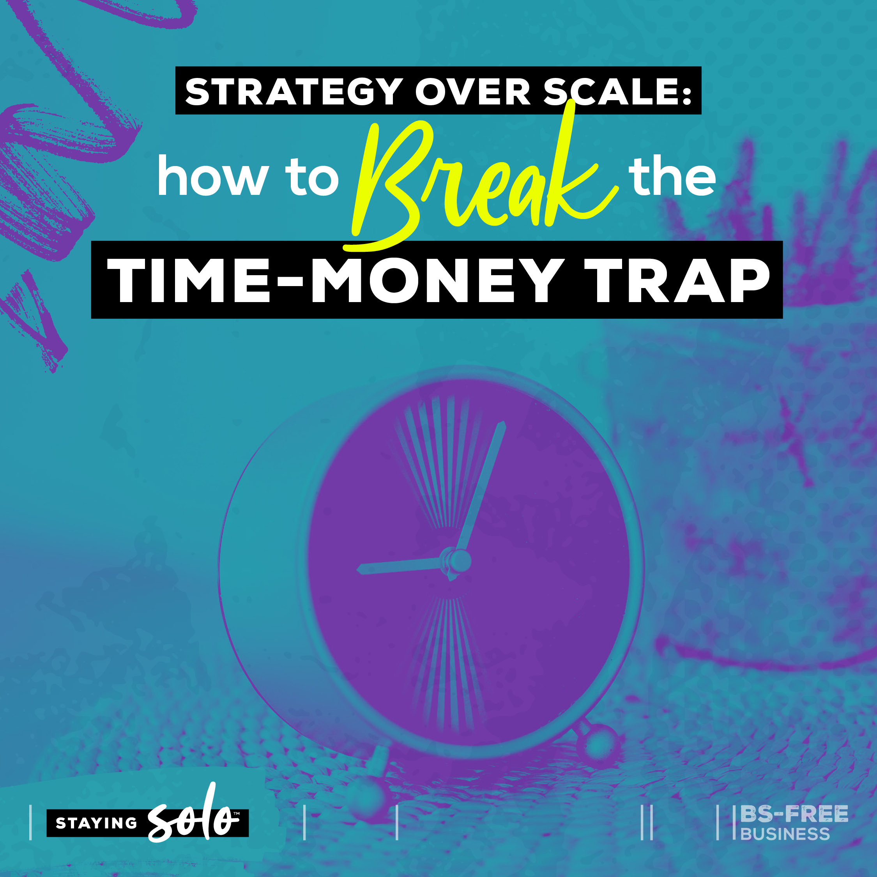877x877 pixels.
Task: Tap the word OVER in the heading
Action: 472,92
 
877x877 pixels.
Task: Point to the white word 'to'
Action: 312,177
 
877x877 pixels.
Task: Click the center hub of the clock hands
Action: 458,562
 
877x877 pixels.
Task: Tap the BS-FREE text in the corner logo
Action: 794,814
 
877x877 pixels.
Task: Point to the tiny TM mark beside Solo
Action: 236,814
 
